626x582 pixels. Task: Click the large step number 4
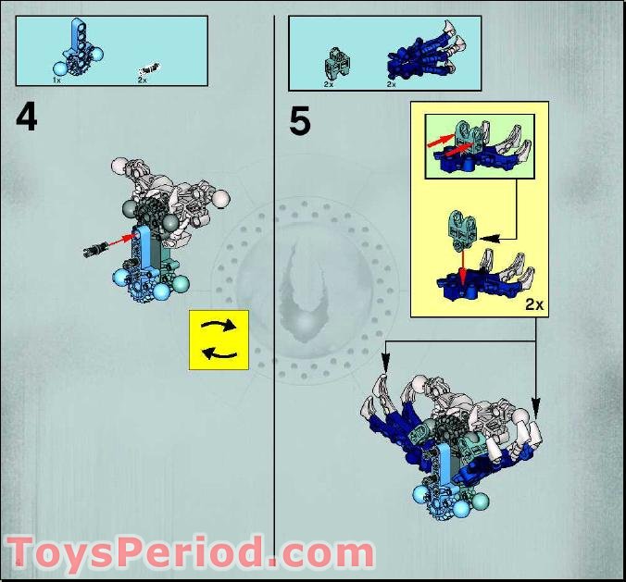26,118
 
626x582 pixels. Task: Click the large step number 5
299,121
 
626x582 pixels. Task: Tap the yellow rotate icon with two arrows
219,340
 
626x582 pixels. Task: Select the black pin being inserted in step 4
96,248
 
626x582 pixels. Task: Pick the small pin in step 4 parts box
147,68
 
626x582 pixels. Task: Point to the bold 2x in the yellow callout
533,303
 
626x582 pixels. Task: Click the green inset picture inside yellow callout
479,146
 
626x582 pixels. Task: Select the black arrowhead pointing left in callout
485,236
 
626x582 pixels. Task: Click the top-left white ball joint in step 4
119,167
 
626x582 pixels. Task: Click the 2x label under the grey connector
328,84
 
